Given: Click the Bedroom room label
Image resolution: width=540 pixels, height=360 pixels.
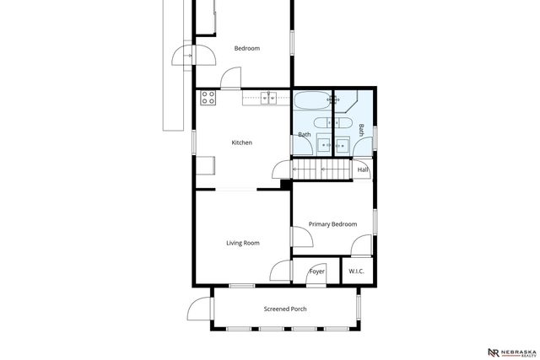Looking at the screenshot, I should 246,48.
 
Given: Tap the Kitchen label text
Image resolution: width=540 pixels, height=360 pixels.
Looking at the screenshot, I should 242,142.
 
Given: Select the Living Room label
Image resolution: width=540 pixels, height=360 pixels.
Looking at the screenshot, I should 242,243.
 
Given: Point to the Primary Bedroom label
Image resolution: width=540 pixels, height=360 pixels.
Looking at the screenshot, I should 332,224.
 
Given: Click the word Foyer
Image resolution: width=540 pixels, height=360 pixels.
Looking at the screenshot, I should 317,271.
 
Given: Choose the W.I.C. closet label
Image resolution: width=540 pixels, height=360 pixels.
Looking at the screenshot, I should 356,271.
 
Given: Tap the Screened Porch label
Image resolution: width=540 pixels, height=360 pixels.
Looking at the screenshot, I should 285,309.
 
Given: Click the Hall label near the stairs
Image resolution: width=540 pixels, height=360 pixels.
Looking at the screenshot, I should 363,169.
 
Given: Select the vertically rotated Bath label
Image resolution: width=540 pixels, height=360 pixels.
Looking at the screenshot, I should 362,130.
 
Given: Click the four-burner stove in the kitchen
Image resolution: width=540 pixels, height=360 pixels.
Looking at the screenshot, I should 207,98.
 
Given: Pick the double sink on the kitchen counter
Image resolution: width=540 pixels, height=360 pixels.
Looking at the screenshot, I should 269,98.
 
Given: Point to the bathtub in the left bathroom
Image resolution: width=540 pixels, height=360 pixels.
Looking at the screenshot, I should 311,101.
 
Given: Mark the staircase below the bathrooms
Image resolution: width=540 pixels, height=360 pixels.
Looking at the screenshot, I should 321,171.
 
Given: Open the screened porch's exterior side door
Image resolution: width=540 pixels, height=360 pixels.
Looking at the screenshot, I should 200,308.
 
